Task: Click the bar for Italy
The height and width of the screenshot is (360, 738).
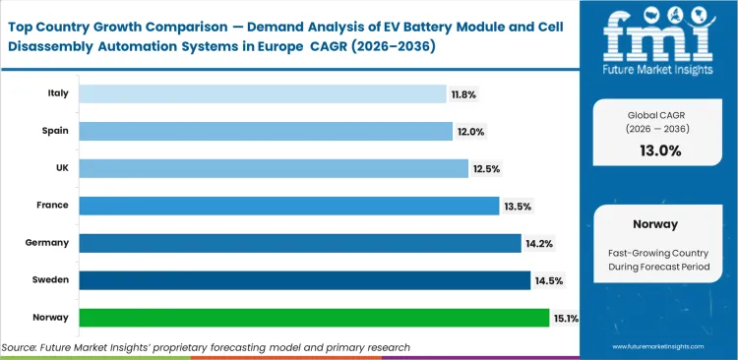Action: [262, 93]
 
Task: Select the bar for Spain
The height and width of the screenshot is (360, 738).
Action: [266, 131]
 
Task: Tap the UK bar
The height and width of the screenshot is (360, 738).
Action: [273, 168]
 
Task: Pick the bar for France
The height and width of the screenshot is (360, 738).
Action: [288, 206]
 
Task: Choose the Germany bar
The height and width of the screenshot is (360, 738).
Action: [299, 243]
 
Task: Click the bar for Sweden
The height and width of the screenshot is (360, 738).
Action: [304, 280]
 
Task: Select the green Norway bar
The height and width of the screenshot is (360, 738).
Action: [313, 318]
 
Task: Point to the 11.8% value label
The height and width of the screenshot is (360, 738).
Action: [463, 94]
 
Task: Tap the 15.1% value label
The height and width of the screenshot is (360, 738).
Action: [566, 319]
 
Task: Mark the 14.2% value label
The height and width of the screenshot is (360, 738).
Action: [538, 244]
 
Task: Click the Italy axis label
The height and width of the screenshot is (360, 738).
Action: [58, 93]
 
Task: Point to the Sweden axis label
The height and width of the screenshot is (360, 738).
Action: [52, 280]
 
